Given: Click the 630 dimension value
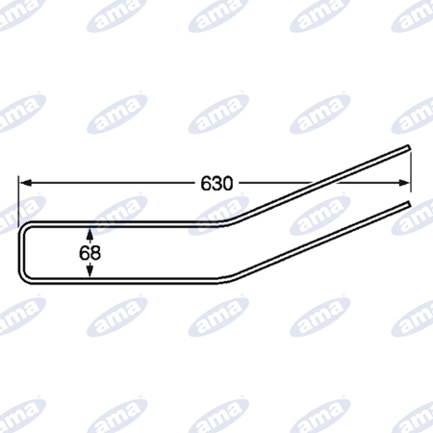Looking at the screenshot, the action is (x=216, y=184).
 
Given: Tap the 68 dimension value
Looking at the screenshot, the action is (x=89, y=253).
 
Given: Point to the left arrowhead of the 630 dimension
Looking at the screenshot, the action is (x=25, y=183).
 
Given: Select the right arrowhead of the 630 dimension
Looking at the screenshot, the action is (x=404, y=183).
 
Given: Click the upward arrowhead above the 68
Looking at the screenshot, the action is (x=89, y=235).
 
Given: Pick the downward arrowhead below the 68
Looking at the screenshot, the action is (x=89, y=269).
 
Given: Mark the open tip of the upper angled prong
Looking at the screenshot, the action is (x=408, y=147).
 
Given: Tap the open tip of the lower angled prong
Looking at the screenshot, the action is (x=408, y=204).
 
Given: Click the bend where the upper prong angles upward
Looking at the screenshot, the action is (x=230, y=222).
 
